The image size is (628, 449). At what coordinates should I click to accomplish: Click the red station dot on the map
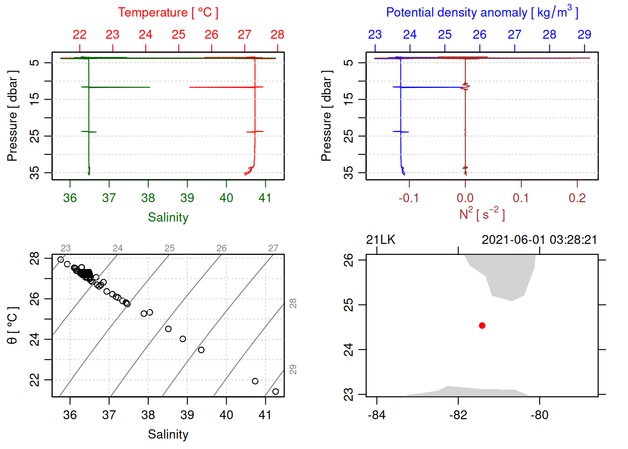point(482,326)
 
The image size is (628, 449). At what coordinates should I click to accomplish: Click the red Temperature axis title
point(168,13)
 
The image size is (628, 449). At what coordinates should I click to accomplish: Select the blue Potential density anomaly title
point(482,13)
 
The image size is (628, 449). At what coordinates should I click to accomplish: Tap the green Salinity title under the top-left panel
point(168,217)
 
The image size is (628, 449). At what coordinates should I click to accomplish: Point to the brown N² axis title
point(482,214)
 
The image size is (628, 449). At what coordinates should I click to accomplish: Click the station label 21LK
point(380,240)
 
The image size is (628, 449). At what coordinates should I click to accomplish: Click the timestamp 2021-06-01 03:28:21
point(539,240)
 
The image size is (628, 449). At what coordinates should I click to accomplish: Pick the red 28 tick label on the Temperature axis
point(277,35)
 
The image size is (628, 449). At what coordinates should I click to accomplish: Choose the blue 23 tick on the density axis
point(375,35)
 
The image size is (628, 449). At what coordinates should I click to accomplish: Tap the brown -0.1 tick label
point(408,198)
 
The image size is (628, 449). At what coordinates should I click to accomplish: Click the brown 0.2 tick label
point(577,198)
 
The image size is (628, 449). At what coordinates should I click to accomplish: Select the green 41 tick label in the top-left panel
point(265,198)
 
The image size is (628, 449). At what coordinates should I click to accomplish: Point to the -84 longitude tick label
point(377,415)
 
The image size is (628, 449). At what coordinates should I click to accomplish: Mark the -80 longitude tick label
point(539,415)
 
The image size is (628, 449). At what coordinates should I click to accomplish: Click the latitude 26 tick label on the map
point(349,260)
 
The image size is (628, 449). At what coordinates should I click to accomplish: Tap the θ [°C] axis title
point(13,326)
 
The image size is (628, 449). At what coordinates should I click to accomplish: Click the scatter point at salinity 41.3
point(275,391)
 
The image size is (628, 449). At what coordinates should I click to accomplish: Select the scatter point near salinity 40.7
point(255,381)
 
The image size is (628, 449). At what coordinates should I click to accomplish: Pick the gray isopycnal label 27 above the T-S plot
point(273,248)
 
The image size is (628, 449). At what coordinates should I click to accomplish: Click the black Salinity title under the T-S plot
point(168,435)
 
